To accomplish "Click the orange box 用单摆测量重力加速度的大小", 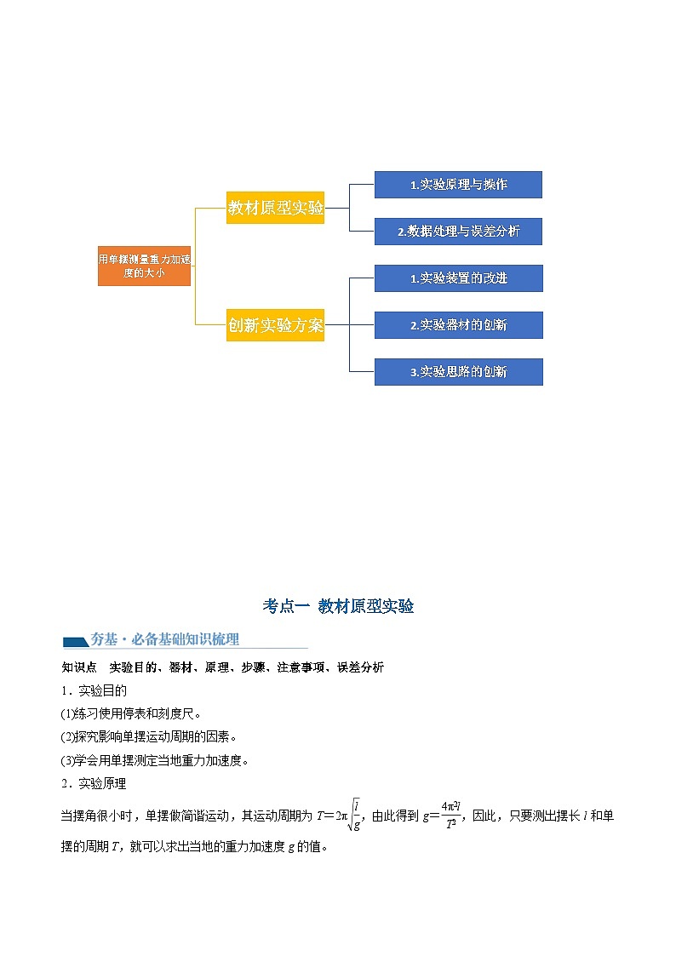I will (144, 266).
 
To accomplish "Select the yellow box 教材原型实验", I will (275, 207).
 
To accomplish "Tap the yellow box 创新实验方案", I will (275, 324).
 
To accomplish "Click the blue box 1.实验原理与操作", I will (458, 185).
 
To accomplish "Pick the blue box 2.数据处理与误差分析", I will (458, 231).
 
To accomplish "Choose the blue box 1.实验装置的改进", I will (458, 278).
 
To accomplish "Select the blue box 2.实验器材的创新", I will (458, 324).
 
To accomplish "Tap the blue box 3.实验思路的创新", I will (458, 372).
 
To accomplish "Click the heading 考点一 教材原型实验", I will (338, 606).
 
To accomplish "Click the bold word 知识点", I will (79, 667).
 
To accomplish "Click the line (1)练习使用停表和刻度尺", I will (131, 713).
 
